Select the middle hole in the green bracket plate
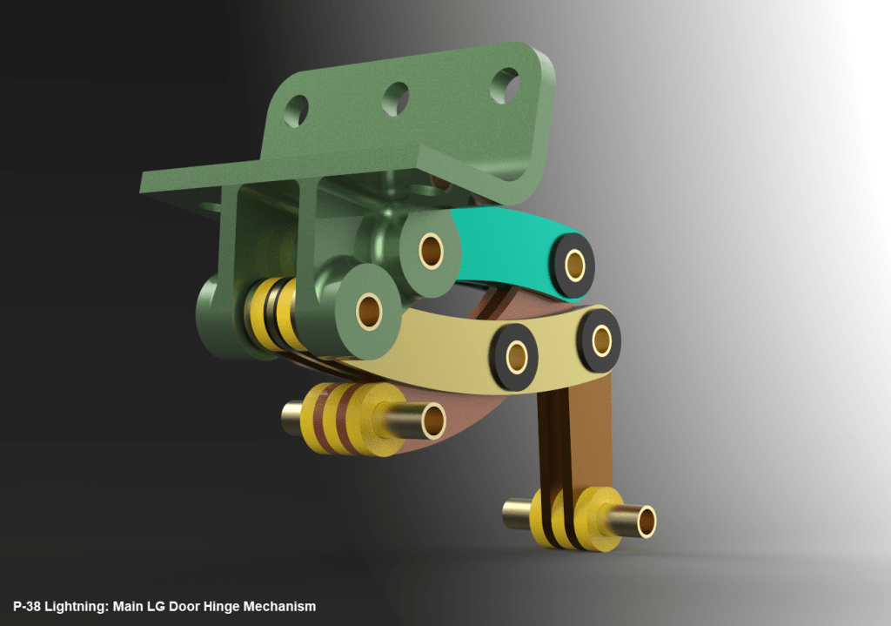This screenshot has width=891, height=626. click(x=396, y=98)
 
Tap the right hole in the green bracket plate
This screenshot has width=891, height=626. click(x=504, y=85)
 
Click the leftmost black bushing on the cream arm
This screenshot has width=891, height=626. click(x=516, y=353)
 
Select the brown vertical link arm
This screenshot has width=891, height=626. click(x=574, y=427)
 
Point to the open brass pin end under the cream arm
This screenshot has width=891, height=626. click(x=432, y=421)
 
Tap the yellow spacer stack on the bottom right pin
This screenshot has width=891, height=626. click(x=570, y=519)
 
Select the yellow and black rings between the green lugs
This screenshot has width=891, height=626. click(x=271, y=311)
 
